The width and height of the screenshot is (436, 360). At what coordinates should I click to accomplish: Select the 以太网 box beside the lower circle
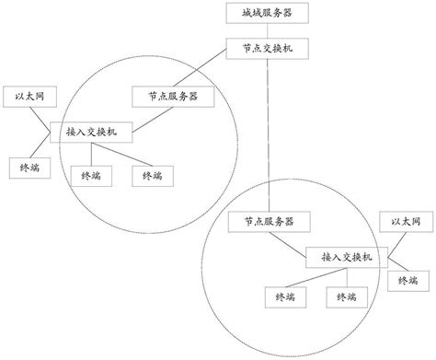coord(406,222)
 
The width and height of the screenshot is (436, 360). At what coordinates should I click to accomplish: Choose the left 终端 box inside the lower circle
coord(280,296)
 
